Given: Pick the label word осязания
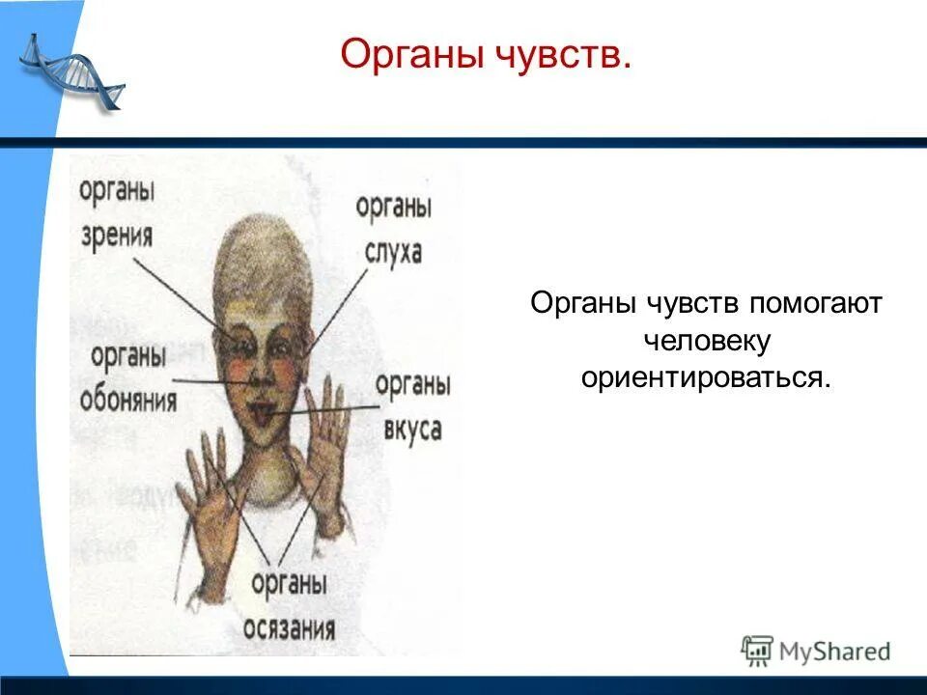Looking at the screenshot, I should pyautogui.click(x=290, y=628).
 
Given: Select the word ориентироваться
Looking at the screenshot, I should pyautogui.click(x=706, y=377).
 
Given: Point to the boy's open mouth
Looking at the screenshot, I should pyautogui.click(x=262, y=413).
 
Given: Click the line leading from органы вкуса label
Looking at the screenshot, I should pyautogui.click(x=328, y=411).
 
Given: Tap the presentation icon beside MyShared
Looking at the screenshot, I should pyautogui.click(x=757, y=651).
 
